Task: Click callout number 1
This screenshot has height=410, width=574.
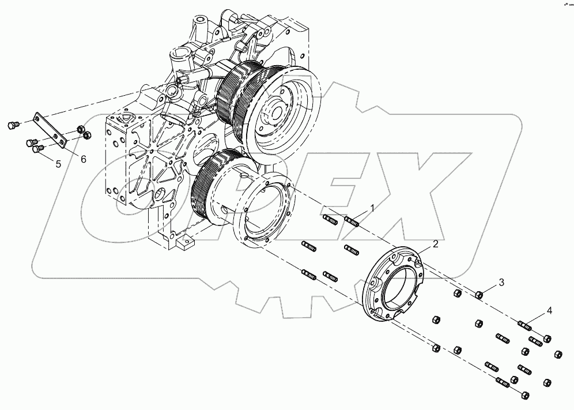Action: [x=372, y=208]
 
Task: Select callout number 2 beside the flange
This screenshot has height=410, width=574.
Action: [x=435, y=244]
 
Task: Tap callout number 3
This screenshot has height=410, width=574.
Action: [x=501, y=282]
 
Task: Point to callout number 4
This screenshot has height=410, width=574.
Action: [x=549, y=311]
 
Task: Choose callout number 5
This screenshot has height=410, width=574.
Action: [x=58, y=164]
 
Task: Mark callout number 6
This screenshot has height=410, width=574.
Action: [x=83, y=159]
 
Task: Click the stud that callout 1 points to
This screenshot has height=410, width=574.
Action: [x=352, y=220]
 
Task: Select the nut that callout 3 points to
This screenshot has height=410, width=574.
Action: [x=478, y=295]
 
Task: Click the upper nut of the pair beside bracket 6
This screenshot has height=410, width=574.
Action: [x=81, y=129]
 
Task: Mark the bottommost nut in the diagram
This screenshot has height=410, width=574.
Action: [x=524, y=396]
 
